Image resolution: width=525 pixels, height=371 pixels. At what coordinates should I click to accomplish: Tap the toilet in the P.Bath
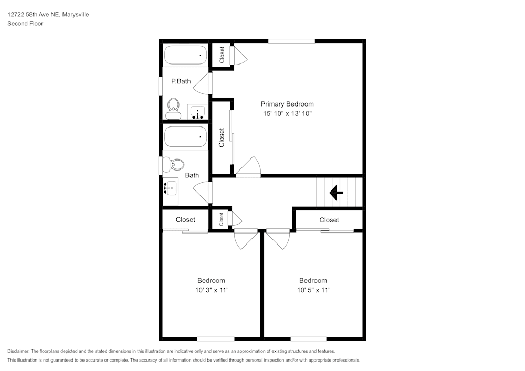click(x=173, y=109)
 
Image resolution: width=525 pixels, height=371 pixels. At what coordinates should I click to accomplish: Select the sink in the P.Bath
click(x=198, y=111)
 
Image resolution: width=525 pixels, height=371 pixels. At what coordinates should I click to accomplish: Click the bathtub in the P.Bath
click(x=186, y=55)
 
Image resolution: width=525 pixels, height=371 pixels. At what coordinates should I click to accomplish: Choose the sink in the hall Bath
click(x=171, y=188)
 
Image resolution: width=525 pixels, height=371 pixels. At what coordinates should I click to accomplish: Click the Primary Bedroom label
click(x=287, y=104)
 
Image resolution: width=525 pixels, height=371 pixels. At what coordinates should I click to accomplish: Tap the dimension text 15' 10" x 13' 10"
click(x=287, y=114)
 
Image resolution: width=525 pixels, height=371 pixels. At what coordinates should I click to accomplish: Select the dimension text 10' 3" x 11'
click(x=211, y=290)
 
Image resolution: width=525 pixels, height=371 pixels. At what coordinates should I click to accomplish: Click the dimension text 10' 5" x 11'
click(x=313, y=290)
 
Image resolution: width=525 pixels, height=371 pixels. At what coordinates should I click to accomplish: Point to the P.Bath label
click(x=181, y=81)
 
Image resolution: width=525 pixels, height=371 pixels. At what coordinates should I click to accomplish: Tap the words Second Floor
click(x=25, y=24)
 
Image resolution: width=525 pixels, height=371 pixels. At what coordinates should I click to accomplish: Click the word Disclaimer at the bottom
click(x=18, y=351)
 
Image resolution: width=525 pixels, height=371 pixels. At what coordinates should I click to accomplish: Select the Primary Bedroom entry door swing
click(x=248, y=166)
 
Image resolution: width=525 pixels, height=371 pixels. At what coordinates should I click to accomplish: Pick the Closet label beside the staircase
click(x=329, y=220)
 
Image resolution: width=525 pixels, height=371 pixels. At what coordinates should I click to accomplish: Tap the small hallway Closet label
click(x=222, y=219)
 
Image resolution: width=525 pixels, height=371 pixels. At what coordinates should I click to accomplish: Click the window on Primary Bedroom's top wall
click(x=291, y=41)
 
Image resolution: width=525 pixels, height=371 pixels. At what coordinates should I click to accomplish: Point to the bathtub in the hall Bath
click(x=186, y=136)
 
